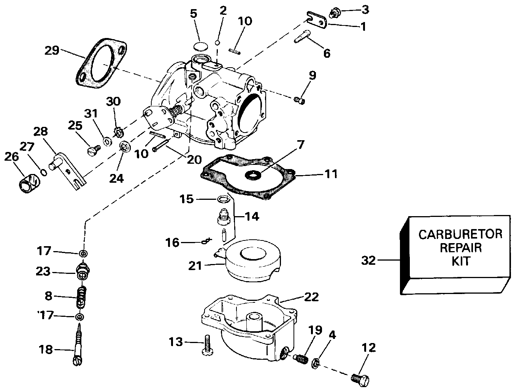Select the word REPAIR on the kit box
(460, 248)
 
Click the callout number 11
(331, 174)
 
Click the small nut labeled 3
(334, 13)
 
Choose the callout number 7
(301, 145)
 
